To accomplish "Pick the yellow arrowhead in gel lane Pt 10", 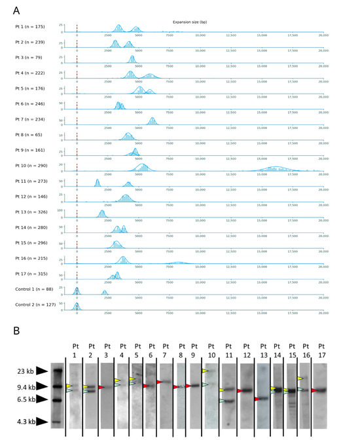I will (206, 371).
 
